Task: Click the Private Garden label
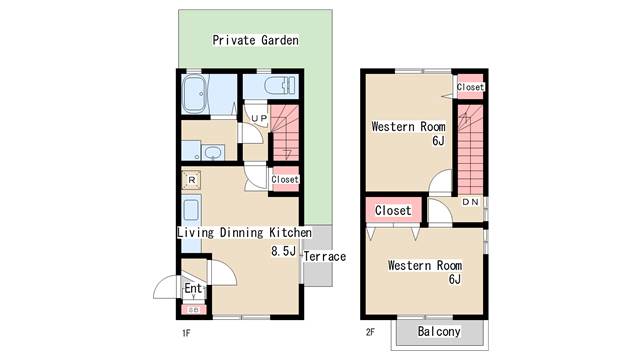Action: [255, 40]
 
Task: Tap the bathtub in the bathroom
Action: [195, 94]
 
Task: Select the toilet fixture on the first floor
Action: [279, 86]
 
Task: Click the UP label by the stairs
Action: [259, 118]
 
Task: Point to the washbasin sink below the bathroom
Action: [212, 153]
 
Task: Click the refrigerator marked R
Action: [191, 180]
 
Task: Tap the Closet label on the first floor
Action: [285, 179]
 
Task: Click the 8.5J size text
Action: [283, 251]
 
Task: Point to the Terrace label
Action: [325, 256]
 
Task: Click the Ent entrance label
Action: [193, 288]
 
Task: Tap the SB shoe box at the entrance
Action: [194, 310]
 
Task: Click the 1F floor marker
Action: [186, 333]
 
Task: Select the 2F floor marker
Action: [370, 332]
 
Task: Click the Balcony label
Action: [439, 331]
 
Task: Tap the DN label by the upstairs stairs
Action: [470, 202]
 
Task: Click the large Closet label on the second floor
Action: [393, 211]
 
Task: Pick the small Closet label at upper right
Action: [470, 87]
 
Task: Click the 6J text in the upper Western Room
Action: [438, 141]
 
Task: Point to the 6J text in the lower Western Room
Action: [455, 279]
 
